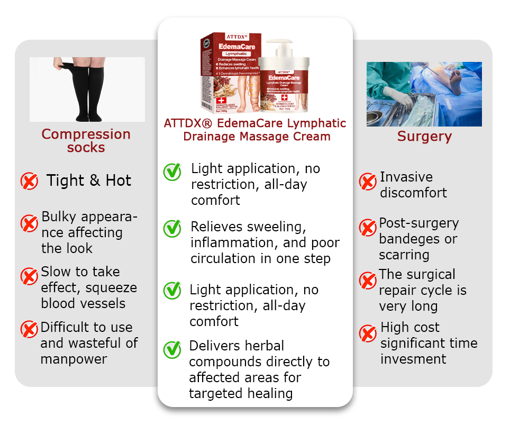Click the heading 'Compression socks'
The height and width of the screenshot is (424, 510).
86,140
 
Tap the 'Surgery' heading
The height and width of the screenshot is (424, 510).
424,137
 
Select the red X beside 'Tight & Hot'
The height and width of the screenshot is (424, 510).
29,182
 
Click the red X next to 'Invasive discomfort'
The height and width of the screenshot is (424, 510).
368,182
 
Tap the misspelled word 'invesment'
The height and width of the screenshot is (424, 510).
413,359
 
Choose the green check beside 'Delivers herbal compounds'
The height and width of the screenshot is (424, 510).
172,349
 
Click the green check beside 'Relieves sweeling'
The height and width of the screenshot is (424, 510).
172,228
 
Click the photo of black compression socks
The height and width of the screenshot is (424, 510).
87,89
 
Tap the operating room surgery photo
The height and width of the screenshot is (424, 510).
424,94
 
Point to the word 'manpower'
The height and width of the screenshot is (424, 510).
74,359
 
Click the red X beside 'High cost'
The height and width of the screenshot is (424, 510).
368,333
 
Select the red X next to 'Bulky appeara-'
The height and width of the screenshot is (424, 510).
29,223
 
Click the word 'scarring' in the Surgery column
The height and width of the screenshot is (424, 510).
404,255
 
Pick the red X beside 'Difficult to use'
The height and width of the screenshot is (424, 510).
29,329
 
